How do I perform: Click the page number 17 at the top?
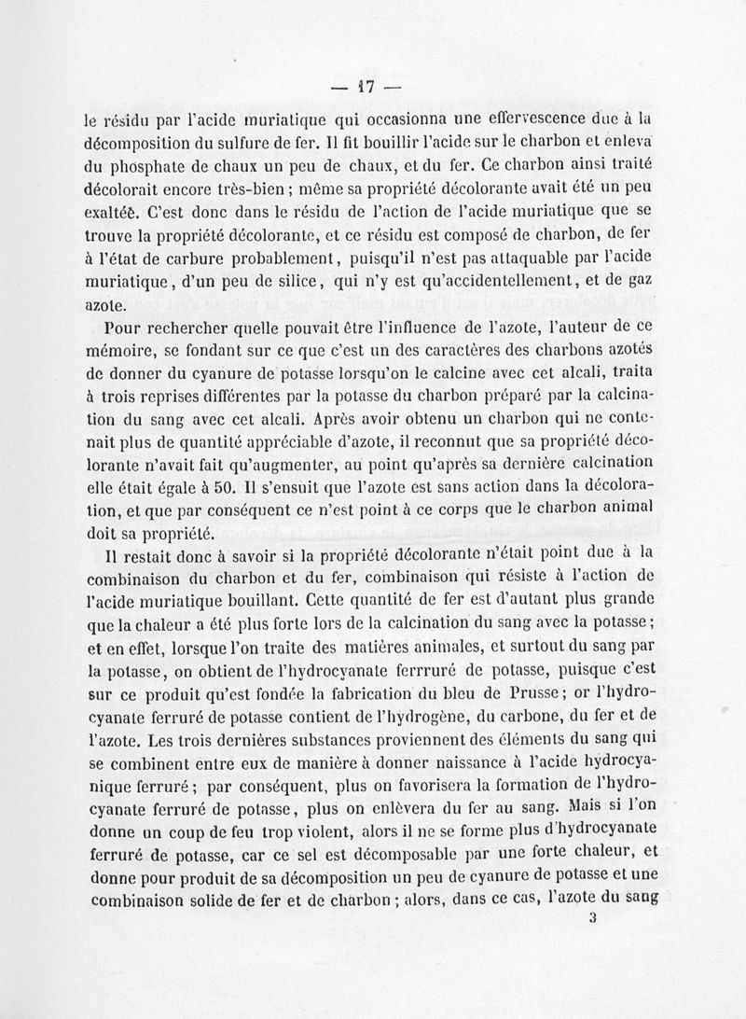coord(364,89)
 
